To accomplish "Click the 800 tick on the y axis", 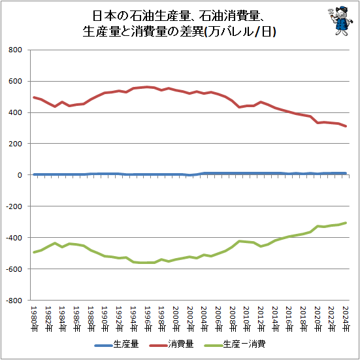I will pyautogui.click(x=15, y=50).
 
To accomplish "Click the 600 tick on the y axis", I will pyautogui.click(x=15, y=82).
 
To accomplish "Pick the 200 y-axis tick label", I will pyautogui.click(x=15, y=144).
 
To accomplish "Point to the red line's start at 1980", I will pyautogui.click(x=33, y=97).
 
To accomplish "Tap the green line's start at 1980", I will pyautogui.click(x=33, y=252).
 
